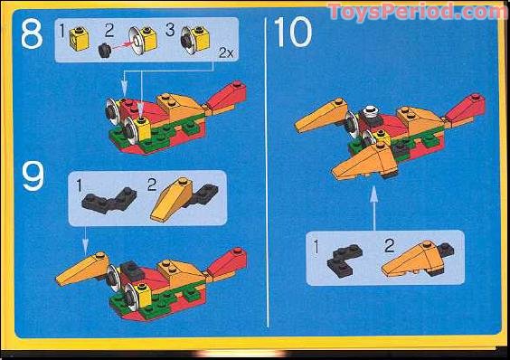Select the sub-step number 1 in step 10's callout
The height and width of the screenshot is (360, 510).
315,244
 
